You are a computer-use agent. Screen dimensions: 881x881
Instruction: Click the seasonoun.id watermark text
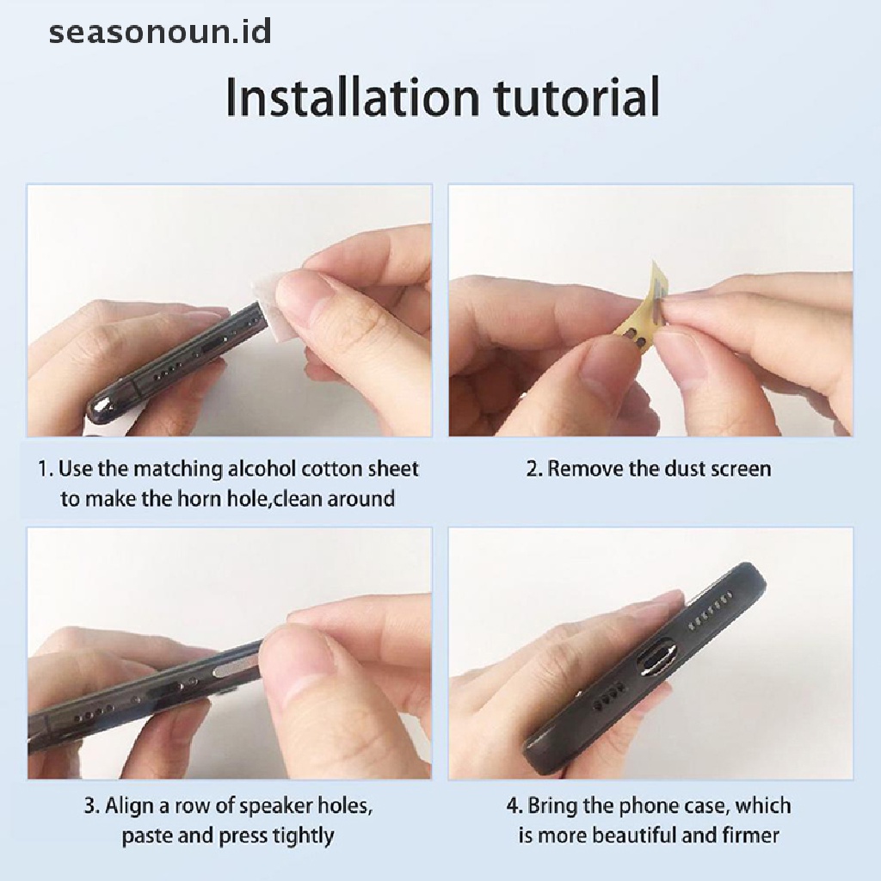tap(160, 32)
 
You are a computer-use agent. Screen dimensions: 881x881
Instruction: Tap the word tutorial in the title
tap(576, 97)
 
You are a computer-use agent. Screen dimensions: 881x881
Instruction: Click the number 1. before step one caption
tap(46, 469)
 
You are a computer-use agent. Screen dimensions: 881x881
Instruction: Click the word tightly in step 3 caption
tap(304, 836)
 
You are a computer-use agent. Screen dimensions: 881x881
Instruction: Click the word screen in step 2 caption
tap(741, 469)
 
